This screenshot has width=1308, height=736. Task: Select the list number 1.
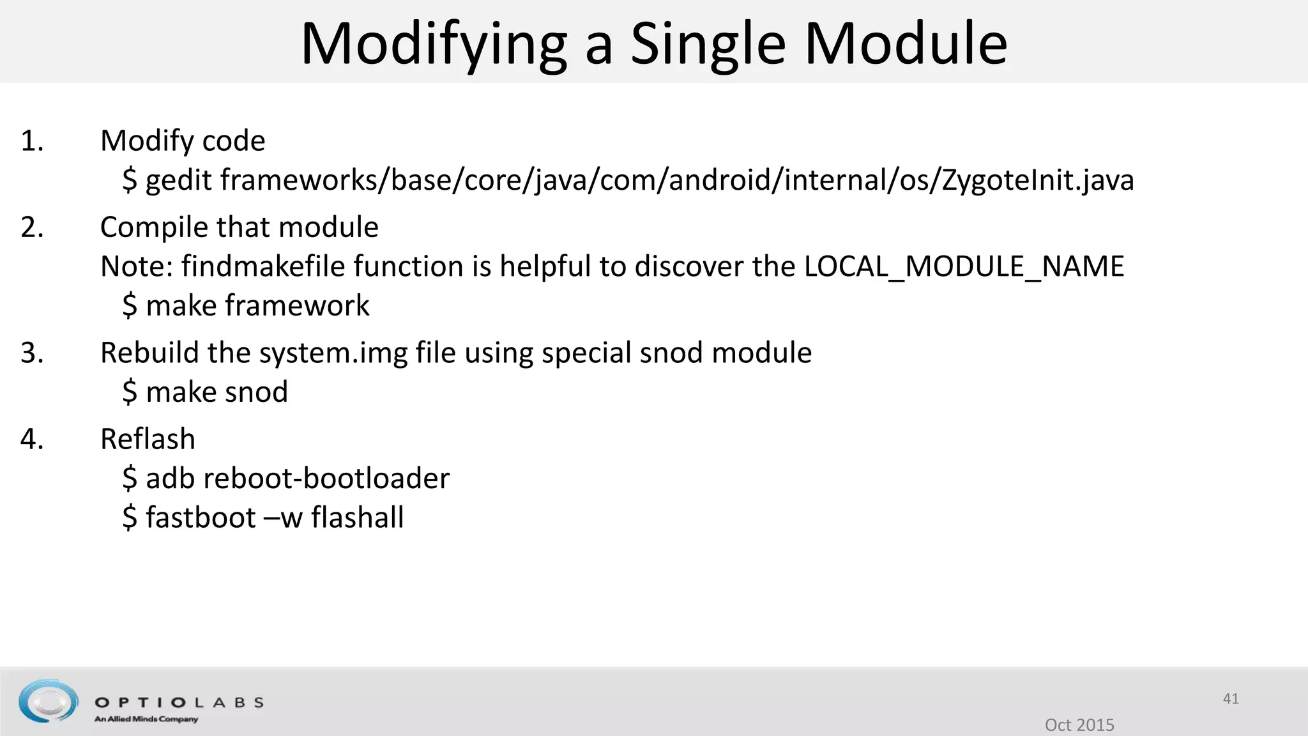pyautogui.click(x=32, y=141)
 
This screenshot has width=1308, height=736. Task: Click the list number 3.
pyautogui.click(x=32, y=353)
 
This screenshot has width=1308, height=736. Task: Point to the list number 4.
pyautogui.click(x=32, y=439)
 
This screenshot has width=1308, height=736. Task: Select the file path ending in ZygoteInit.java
pyautogui.click(x=677, y=180)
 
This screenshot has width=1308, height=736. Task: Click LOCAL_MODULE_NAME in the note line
pyautogui.click(x=964, y=266)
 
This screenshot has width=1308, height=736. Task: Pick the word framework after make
pyautogui.click(x=297, y=305)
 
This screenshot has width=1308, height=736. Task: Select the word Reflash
pyautogui.click(x=148, y=439)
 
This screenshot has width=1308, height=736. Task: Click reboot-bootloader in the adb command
pyautogui.click(x=326, y=479)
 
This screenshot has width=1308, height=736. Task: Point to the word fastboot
pyautogui.click(x=201, y=517)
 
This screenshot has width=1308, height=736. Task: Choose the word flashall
pyautogui.click(x=358, y=517)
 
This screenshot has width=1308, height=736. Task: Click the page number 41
pyautogui.click(x=1231, y=699)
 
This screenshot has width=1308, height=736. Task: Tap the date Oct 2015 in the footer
pyautogui.click(x=1079, y=724)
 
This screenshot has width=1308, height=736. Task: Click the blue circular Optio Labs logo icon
pyautogui.click(x=49, y=701)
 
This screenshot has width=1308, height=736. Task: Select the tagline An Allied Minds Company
pyautogui.click(x=146, y=719)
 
